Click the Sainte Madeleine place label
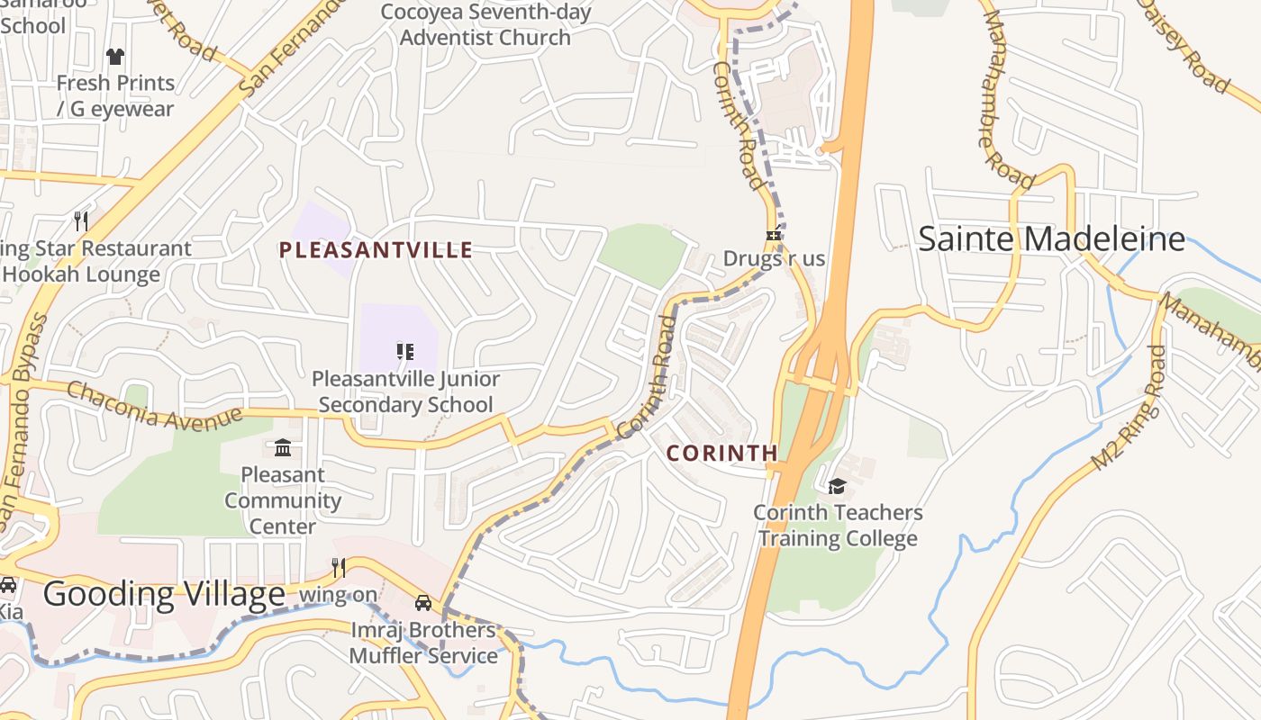(x=1051, y=239)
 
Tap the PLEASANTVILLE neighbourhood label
(x=376, y=250)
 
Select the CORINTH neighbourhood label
(x=721, y=454)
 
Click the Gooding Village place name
(x=164, y=595)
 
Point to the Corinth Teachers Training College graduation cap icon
(x=837, y=487)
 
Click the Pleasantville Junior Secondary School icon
(x=404, y=351)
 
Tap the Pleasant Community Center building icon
(x=283, y=447)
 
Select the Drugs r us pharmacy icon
(x=773, y=235)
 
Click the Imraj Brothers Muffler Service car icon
(x=423, y=603)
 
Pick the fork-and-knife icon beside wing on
(x=339, y=567)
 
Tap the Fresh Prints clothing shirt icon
(x=115, y=57)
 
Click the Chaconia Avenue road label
(x=154, y=406)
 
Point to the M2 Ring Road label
(x=1129, y=408)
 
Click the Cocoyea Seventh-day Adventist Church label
(x=485, y=25)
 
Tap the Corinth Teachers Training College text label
(x=838, y=526)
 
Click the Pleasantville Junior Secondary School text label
(x=405, y=392)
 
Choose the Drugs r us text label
(x=774, y=259)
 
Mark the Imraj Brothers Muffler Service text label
(x=423, y=643)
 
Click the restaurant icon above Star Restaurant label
(x=81, y=220)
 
